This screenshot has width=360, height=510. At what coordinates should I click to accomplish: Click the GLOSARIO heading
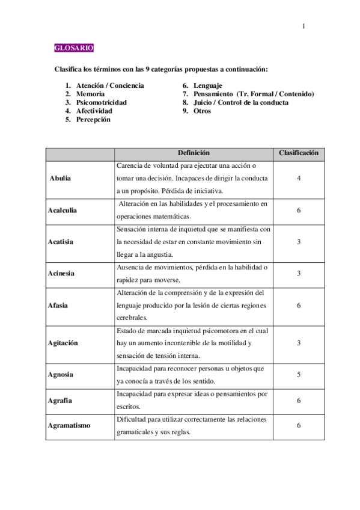[73, 48]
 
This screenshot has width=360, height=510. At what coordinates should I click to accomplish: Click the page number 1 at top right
[304, 26]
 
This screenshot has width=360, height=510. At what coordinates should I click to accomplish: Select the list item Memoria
[90, 94]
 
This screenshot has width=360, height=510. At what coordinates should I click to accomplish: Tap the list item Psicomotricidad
[101, 103]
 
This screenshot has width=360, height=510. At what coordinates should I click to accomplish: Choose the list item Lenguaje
[207, 86]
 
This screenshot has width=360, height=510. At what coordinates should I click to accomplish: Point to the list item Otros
[202, 111]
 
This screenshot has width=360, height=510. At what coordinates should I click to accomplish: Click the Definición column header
[194, 153]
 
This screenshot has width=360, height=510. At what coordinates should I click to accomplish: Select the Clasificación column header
[299, 153]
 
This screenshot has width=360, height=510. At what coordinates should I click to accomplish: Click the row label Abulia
[61, 179]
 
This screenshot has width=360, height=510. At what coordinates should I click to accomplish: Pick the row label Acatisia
[61, 242]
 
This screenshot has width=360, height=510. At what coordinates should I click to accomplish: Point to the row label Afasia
[58, 305]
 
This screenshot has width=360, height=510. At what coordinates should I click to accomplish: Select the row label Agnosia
[61, 374]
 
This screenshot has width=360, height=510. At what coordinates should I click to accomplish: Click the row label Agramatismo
[69, 425]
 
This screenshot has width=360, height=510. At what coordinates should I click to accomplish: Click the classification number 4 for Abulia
[299, 179]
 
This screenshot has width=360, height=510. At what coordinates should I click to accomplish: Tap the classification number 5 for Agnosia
[299, 374]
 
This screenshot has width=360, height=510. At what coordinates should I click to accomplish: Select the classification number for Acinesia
[299, 273]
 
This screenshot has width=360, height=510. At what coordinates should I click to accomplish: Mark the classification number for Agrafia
[299, 400]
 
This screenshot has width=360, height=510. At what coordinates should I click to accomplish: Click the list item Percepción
[93, 120]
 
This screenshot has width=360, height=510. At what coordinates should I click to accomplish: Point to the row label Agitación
[64, 343]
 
